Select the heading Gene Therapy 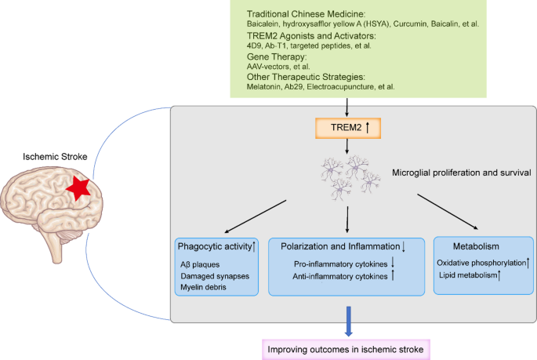pos(277,56)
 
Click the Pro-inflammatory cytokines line pos(339,264)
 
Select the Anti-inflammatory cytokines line pos(339,276)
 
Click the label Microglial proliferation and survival pos(460,172)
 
